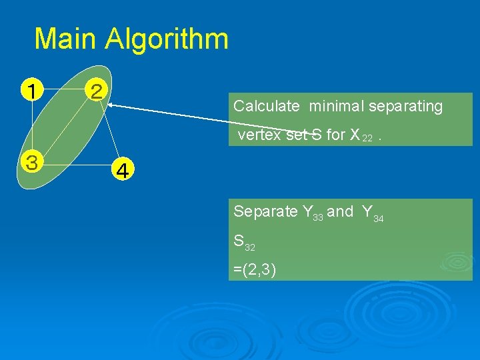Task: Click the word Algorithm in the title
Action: [x=167, y=40]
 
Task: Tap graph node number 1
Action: [x=31, y=89]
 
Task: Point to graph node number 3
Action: [x=31, y=161]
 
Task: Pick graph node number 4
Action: [x=123, y=171]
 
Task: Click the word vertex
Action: [x=260, y=135]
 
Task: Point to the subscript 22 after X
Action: [x=367, y=138]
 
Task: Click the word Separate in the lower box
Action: [x=265, y=212]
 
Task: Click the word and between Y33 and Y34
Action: [x=340, y=212]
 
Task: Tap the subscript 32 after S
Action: [x=249, y=247]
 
